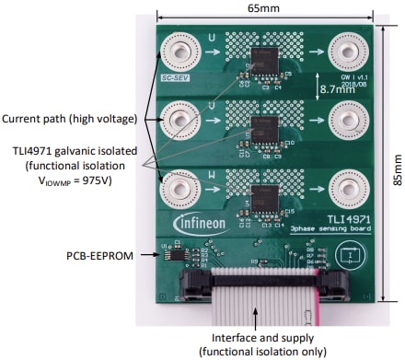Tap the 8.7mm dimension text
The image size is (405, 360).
[333, 89]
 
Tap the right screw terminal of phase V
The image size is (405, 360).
[349, 116]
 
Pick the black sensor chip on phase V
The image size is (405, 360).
[264, 125]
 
